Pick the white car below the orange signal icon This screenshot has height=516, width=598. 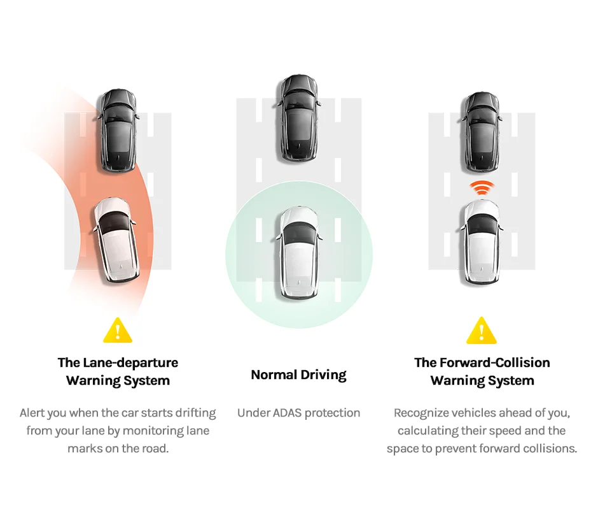pos(482,241)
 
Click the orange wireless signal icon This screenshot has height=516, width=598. pos(482,188)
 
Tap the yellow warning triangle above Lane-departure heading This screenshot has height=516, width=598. pos(118,331)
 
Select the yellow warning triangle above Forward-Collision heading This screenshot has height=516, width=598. pos(482,331)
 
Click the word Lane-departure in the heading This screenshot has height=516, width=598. pos(131,363)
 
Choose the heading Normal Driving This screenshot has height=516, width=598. pos(299,375)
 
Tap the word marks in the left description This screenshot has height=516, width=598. pos(83,448)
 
